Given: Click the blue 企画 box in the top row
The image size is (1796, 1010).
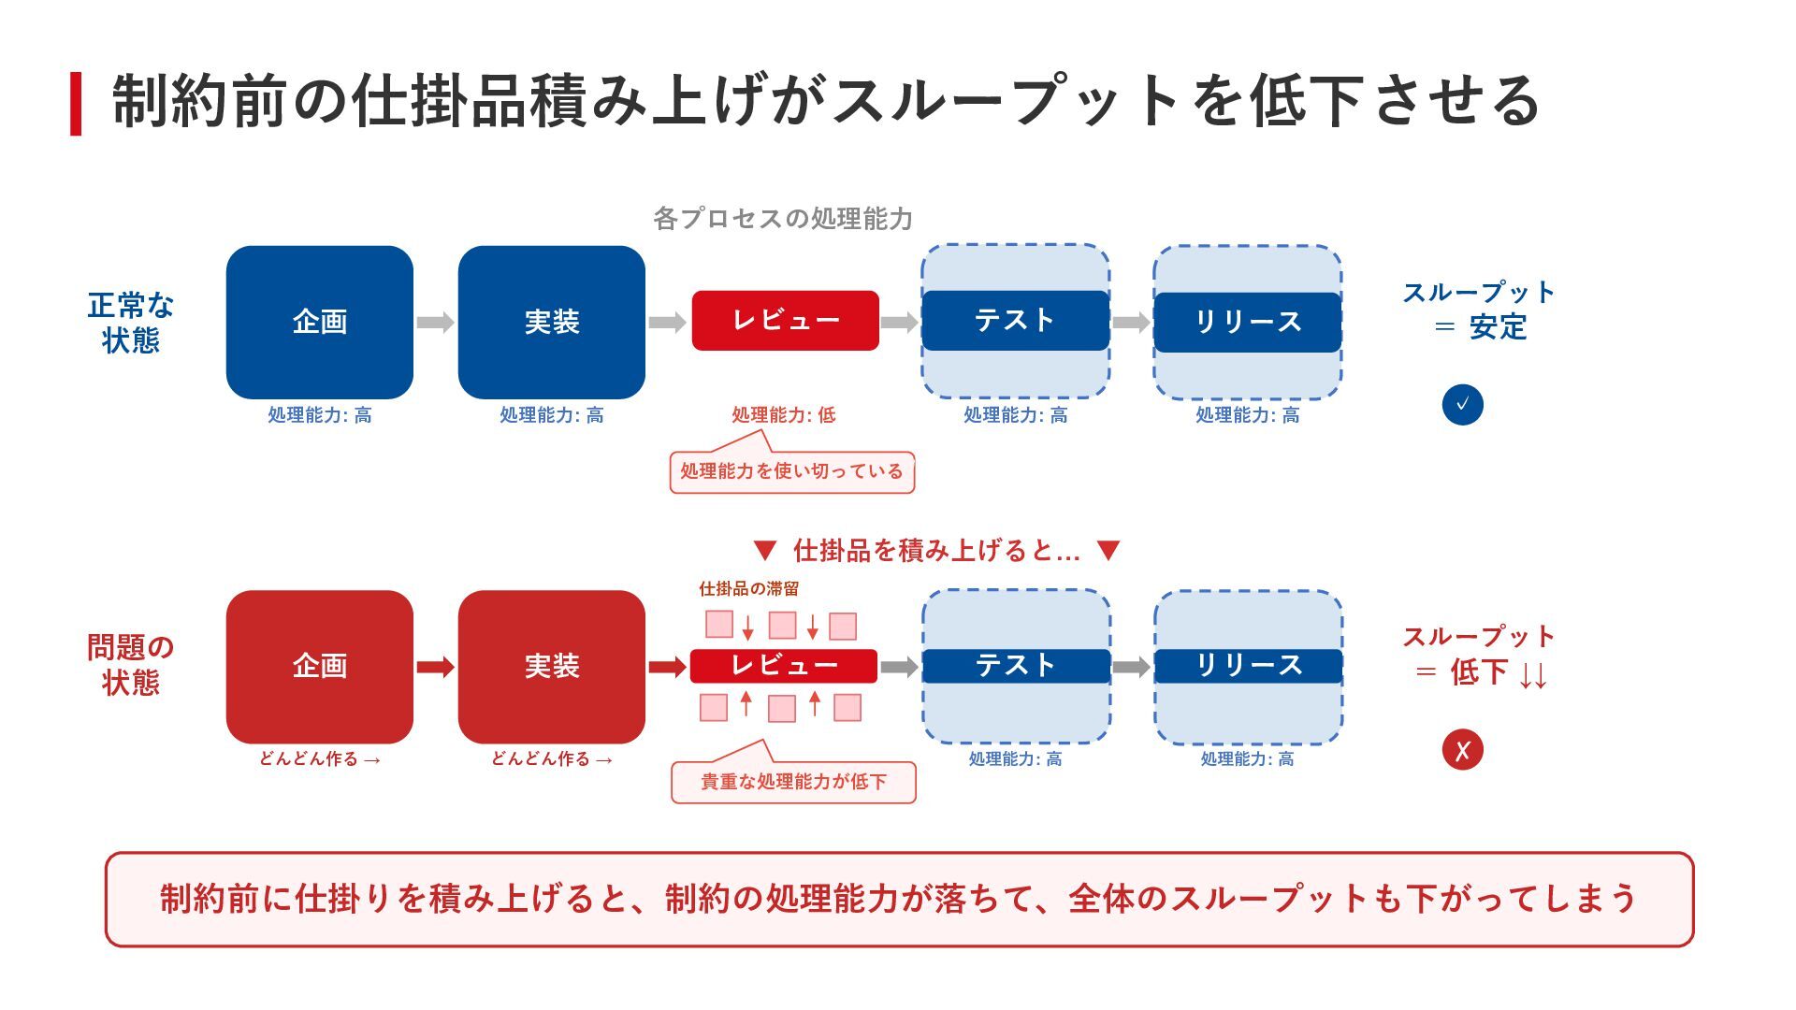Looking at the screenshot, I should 319,322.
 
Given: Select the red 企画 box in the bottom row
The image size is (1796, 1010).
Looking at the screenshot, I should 319,666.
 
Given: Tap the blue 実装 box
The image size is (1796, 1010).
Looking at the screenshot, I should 551,322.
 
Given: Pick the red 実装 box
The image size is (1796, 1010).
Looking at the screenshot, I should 551,666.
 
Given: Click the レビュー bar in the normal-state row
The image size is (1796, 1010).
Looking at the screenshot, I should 785,321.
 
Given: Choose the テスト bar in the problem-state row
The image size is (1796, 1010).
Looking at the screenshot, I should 1016,666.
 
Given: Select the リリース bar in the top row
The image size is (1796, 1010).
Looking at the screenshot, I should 1247,322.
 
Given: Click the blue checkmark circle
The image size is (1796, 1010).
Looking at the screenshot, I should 1462,405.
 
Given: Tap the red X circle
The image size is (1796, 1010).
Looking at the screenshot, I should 1462,750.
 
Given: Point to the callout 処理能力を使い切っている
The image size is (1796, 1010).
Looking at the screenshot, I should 791,471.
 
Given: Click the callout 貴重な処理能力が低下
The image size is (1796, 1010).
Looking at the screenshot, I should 793,782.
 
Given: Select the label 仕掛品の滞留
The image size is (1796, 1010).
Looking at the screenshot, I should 748,589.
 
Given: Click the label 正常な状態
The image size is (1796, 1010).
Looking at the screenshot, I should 130,323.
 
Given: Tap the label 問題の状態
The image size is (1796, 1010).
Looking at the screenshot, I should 130,665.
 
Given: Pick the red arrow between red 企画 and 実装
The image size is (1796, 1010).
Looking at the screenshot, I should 435,667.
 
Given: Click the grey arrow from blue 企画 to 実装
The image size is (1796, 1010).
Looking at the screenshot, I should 435,323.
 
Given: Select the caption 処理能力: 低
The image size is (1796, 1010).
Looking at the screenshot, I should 783,415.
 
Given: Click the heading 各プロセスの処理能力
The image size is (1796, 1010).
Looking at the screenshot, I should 782,219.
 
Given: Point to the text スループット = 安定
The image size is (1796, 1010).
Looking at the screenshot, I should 1478,310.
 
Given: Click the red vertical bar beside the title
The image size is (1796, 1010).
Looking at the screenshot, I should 76,104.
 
